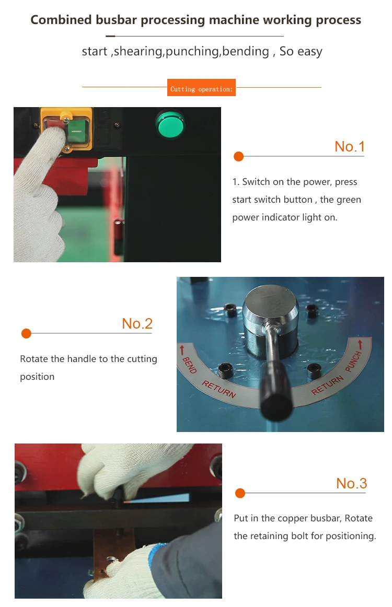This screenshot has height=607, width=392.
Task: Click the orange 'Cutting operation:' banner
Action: (x=201, y=87)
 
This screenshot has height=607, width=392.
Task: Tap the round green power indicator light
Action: (x=170, y=124)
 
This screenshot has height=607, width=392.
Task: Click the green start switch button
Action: (x=78, y=131)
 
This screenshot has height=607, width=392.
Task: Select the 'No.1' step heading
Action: (x=350, y=147)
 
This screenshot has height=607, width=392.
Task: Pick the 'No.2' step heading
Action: (x=137, y=324)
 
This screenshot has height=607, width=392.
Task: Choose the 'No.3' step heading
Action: (x=351, y=483)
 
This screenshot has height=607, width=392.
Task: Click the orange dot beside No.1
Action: (x=239, y=156)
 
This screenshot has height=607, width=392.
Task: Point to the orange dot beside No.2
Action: (x=26, y=333)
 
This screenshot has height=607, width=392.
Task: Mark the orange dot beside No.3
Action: (x=240, y=493)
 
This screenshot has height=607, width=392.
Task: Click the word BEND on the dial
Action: (x=190, y=365)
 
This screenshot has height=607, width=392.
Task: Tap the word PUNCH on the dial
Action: (x=353, y=361)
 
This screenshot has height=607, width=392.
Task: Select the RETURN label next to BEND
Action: (x=219, y=389)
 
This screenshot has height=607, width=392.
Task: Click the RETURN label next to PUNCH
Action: (x=327, y=385)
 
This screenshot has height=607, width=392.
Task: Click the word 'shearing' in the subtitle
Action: (x=138, y=52)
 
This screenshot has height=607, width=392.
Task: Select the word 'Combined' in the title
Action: (x=61, y=20)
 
